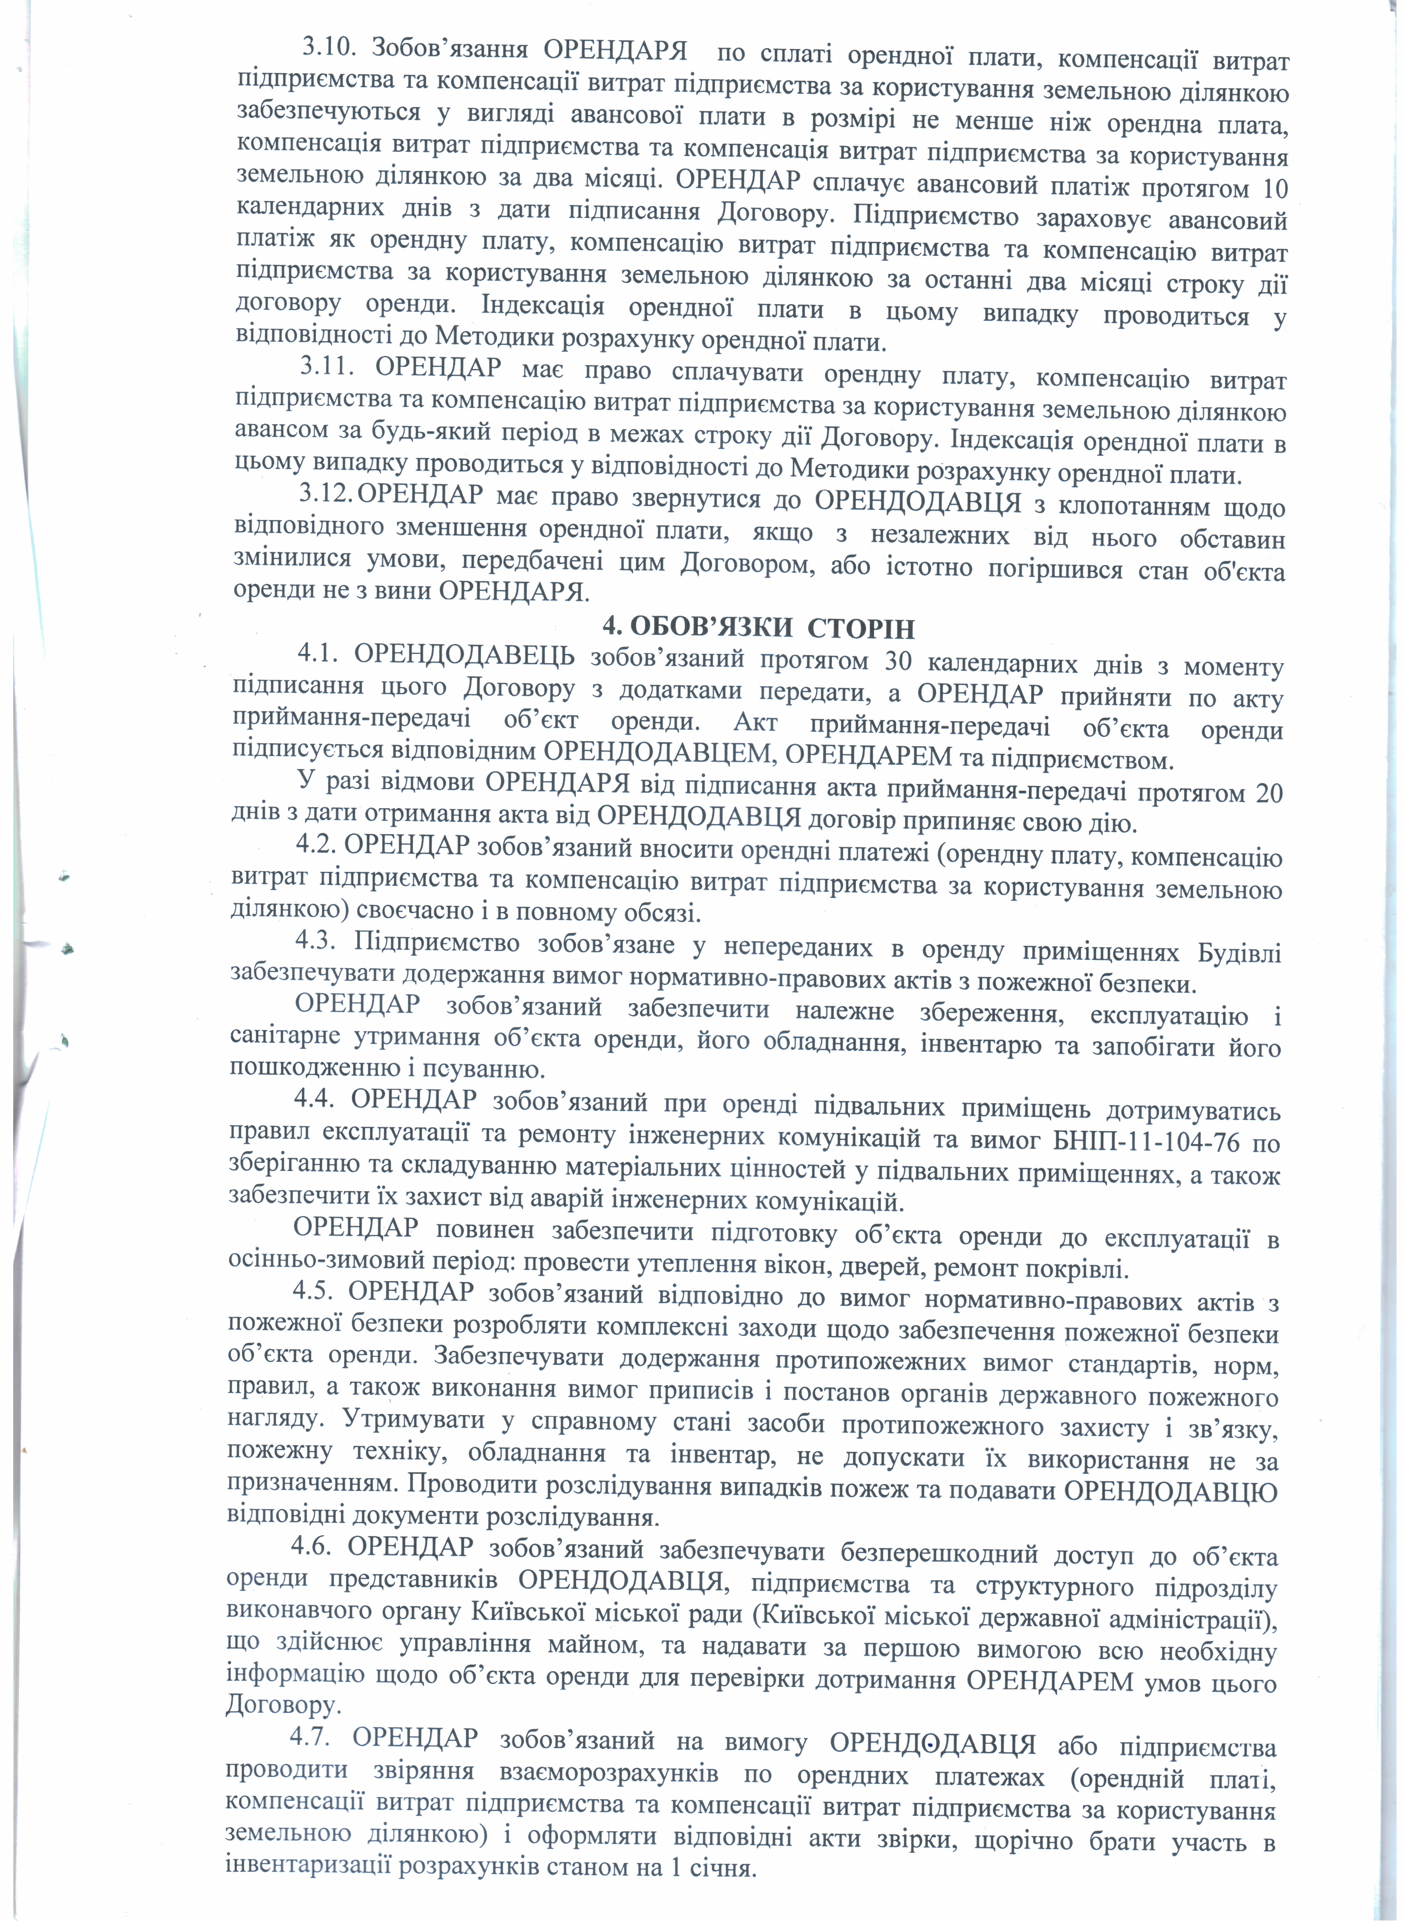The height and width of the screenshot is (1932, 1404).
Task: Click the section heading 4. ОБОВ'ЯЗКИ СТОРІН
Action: (758, 629)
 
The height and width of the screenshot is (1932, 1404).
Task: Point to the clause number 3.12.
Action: (325, 493)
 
